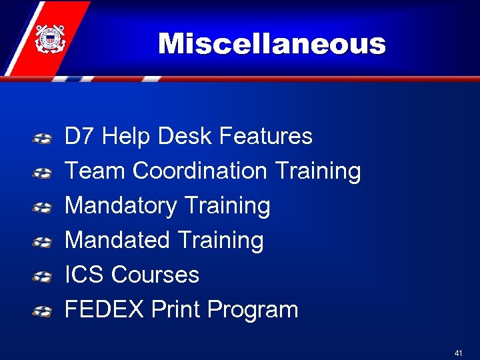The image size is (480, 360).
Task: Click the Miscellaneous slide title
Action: [x=272, y=44]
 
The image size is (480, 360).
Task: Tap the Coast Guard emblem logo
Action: [x=49, y=39]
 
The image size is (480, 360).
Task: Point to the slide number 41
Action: [x=458, y=353]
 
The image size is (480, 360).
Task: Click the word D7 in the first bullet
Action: [x=79, y=137]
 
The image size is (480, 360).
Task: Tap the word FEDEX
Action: [x=105, y=310]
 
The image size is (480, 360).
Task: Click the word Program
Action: [x=253, y=310]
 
